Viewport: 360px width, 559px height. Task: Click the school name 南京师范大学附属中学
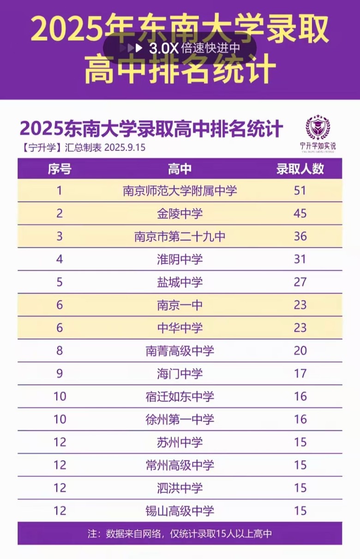pyautogui.click(x=180, y=190)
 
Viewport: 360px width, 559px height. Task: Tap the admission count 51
pyautogui.click(x=300, y=190)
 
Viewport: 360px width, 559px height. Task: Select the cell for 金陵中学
pyautogui.click(x=180, y=213)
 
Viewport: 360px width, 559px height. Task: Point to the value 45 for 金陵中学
pyautogui.click(x=300, y=213)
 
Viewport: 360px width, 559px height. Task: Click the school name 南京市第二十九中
pyautogui.click(x=180, y=236)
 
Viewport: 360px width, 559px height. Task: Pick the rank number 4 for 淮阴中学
pyautogui.click(x=60, y=259)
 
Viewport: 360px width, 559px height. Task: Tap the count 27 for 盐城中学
pyautogui.click(x=300, y=282)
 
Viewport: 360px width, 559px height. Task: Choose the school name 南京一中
pyautogui.click(x=180, y=305)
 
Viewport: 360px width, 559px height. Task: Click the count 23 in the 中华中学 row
pyautogui.click(x=300, y=328)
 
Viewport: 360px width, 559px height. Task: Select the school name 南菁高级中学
pyautogui.click(x=180, y=351)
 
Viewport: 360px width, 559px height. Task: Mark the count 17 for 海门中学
pyautogui.click(x=300, y=373)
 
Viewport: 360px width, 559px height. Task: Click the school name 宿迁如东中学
pyautogui.click(x=180, y=397)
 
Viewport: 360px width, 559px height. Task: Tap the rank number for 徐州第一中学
pyautogui.click(x=60, y=419)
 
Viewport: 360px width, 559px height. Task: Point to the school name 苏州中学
pyautogui.click(x=180, y=442)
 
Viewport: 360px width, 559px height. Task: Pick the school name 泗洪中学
pyautogui.click(x=180, y=488)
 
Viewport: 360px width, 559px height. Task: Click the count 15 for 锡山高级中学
pyautogui.click(x=300, y=511)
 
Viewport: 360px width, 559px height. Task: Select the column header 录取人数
pyautogui.click(x=300, y=168)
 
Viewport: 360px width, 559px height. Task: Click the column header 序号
pyautogui.click(x=60, y=168)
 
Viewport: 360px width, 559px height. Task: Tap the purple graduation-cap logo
pyautogui.click(x=318, y=128)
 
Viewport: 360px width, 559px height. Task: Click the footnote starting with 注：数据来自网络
pyautogui.click(x=180, y=534)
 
